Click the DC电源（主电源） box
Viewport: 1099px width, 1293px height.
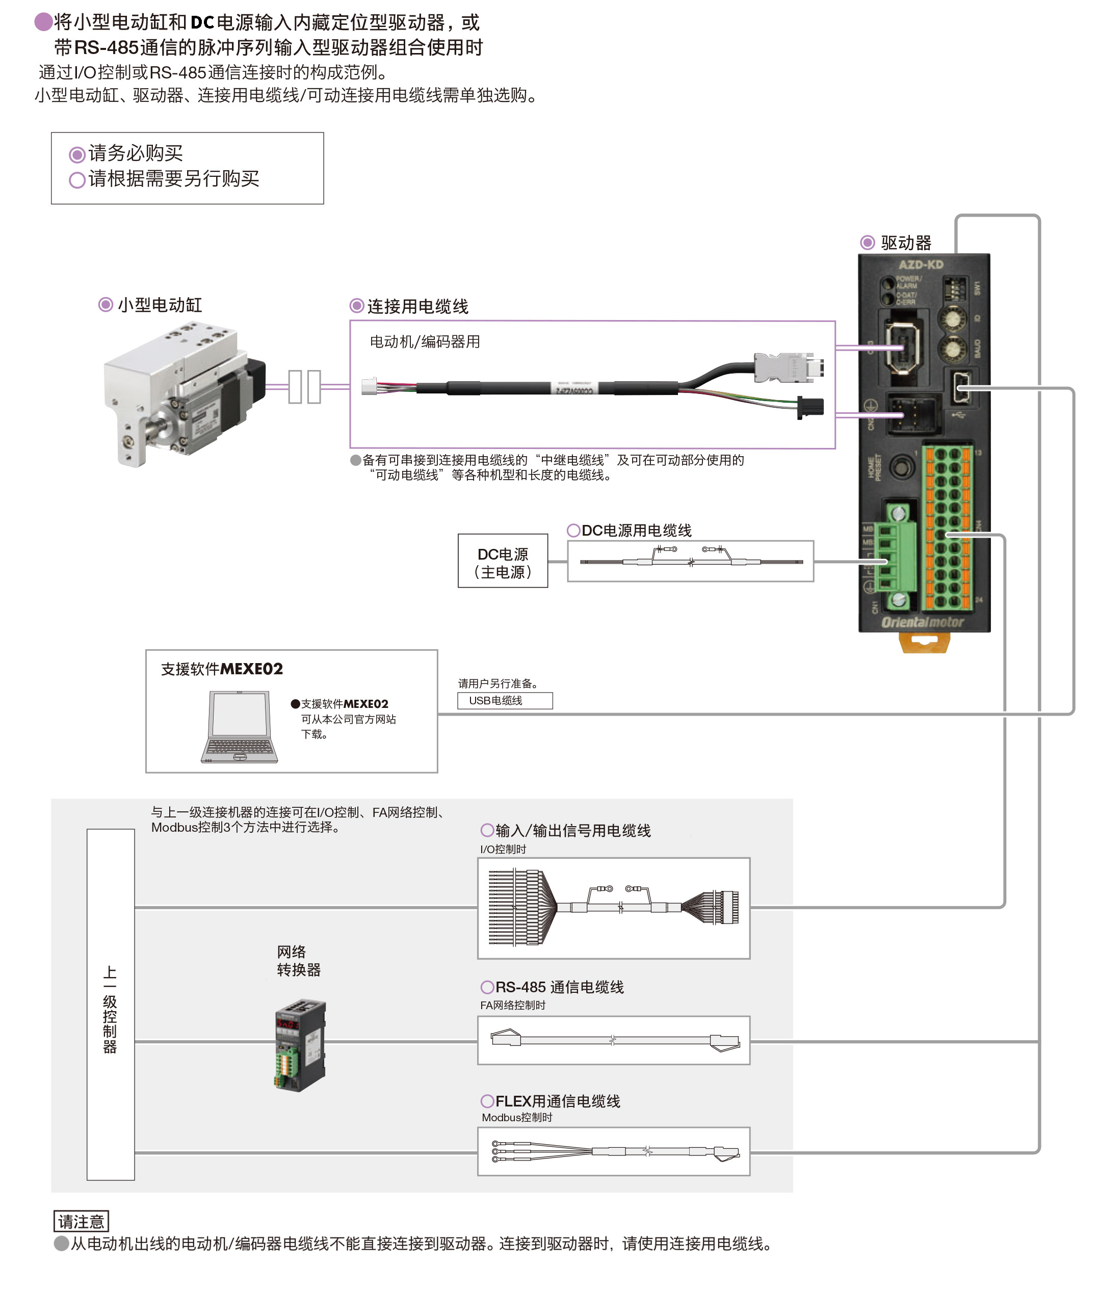(x=502, y=561)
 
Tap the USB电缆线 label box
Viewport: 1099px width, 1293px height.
(x=505, y=701)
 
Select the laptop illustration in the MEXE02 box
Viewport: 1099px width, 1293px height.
(x=240, y=726)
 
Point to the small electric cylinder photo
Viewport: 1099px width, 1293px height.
(x=185, y=392)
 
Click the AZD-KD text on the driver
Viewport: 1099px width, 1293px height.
(x=920, y=265)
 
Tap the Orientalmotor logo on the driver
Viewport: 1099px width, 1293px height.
(x=922, y=622)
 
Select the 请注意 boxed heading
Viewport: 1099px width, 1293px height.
(x=81, y=1221)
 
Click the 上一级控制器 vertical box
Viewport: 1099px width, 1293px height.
(x=110, y=1004)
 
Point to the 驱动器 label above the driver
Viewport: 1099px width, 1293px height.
(x=905, y=243)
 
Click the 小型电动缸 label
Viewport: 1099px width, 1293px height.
(x=160, y=305)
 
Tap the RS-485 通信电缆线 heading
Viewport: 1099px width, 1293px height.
(x=559, y=987)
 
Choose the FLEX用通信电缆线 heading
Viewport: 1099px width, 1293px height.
(x=557, y=1101)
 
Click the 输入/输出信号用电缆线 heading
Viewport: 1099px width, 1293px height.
(x=572, y=830)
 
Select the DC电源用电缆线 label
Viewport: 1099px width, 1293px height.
(x=636, y=531)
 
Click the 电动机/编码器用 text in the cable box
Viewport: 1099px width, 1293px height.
(x=425, y=342)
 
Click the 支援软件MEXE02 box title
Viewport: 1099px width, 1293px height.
(x=222, y=669)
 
